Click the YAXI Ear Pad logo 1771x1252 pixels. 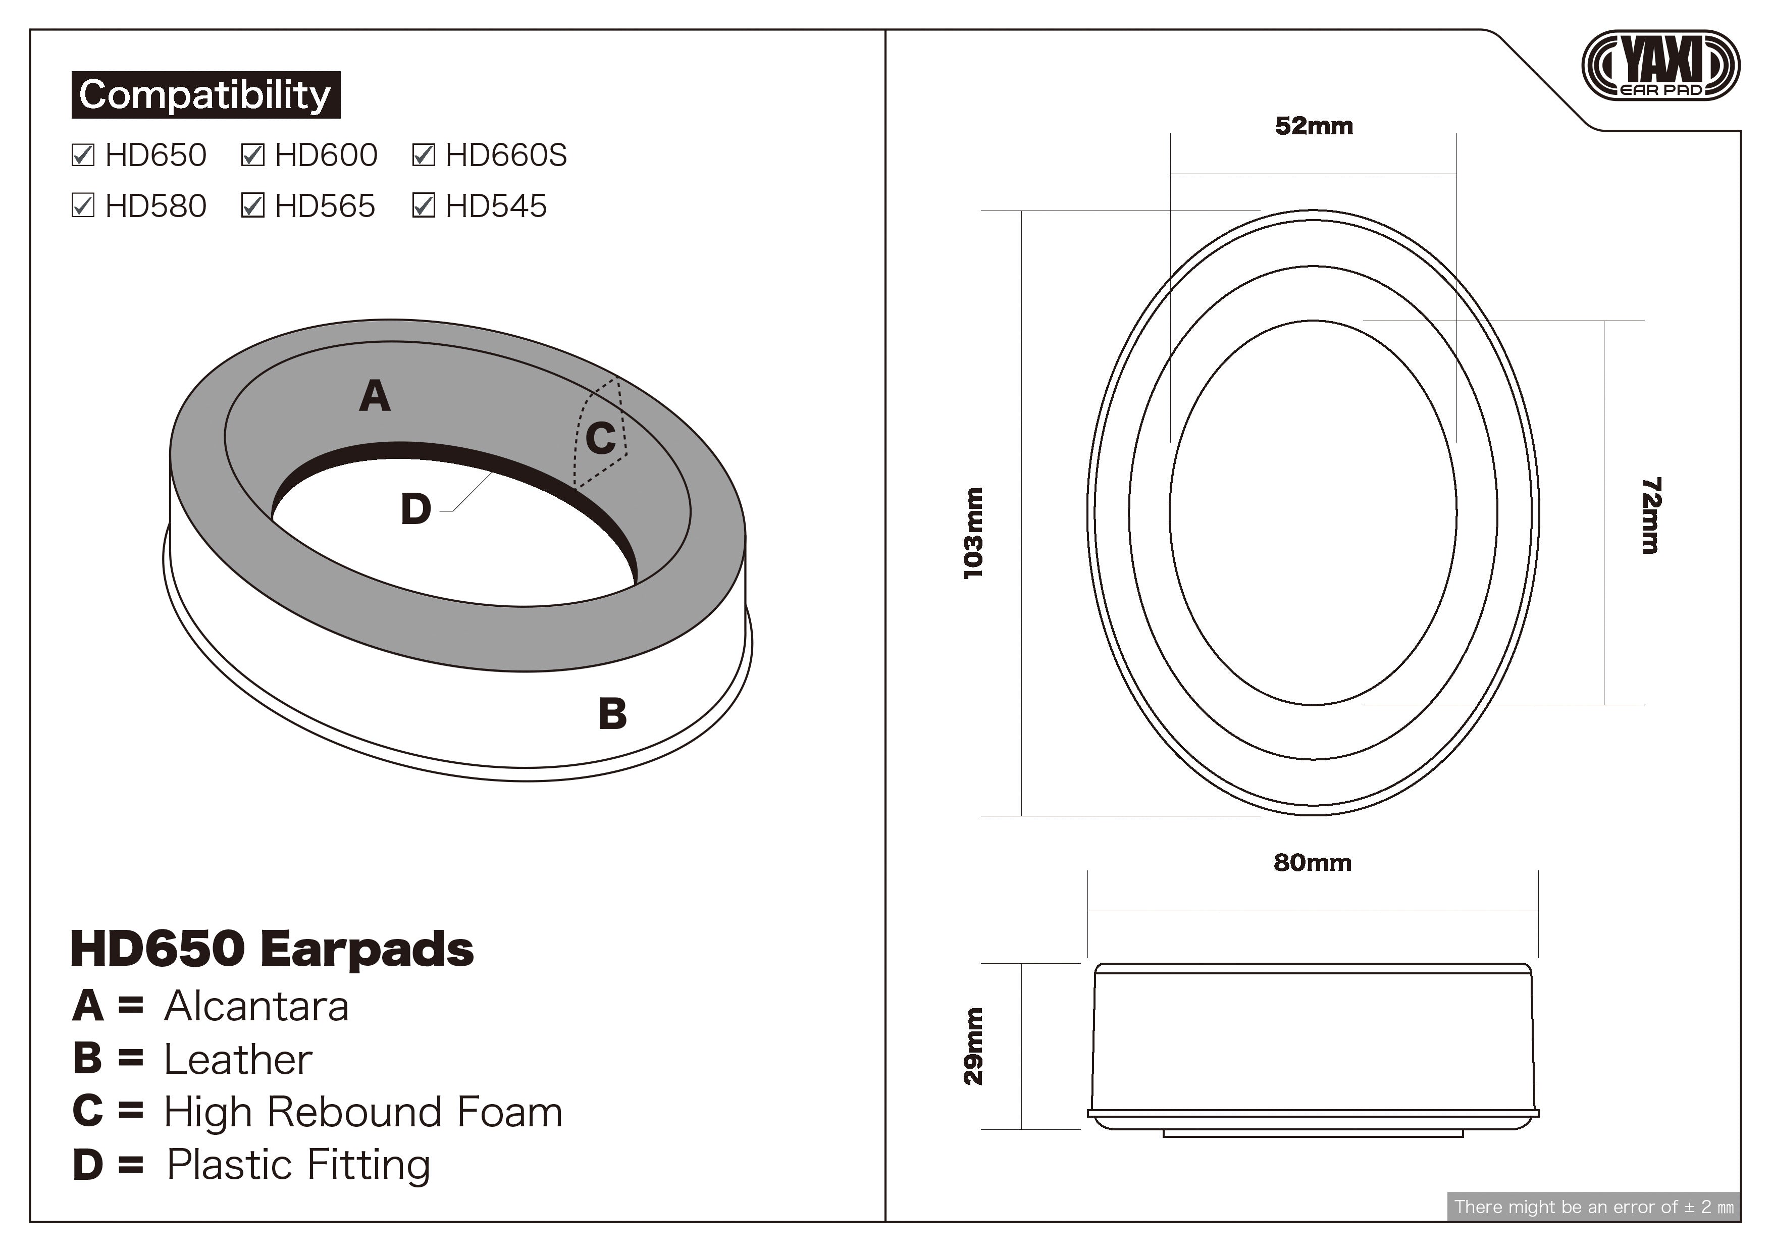(1660, 66)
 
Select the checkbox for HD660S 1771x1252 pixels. (424, 155)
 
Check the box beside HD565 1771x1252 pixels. (253, 206)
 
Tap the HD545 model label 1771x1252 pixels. (496, 206)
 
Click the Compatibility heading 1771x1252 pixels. (205, 95)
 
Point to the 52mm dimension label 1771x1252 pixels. (1314, 126)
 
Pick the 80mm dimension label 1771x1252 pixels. (1312, 862)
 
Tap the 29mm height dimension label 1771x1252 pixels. (973, 1046)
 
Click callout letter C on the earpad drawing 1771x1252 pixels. (600, 439)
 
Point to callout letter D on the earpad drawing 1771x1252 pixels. (416, 510)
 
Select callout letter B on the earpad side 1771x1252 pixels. (612, 713)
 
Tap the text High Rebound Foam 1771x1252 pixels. (362, 1112)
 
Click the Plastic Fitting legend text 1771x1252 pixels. (298, 1165)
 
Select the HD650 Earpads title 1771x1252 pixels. (272, 949)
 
